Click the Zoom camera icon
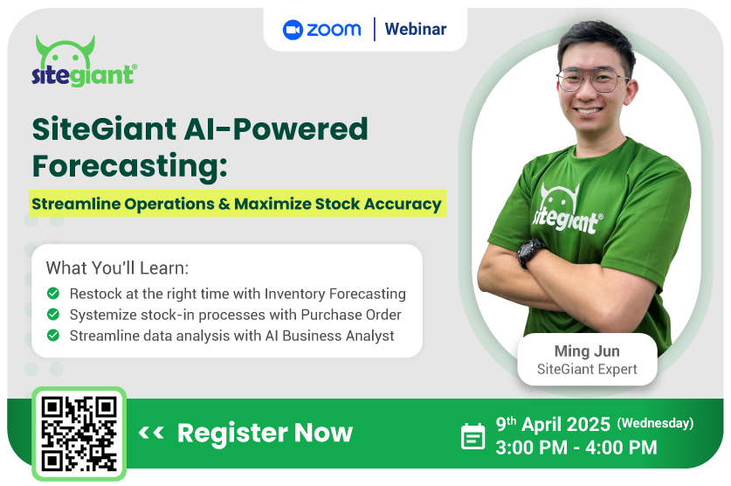pos(293,30)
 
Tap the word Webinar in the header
pos(416,30)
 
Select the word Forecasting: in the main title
pos(129,166)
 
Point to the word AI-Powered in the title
pos(276,128)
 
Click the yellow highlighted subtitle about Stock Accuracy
pos(238,204)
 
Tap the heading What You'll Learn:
pos(117,268)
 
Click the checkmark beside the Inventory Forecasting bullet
pos(53,294)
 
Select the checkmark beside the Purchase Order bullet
pos(53,315)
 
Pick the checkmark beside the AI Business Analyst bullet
pos(53,336)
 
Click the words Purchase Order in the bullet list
pos(351,315)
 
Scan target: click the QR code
pos(79,434)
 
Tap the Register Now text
pos(265,433)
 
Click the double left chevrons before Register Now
pos(151,433)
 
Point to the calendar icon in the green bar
pos(472,436)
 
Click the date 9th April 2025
pos(553,424)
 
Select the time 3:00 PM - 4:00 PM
pos(576,448)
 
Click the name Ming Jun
pos(587,351)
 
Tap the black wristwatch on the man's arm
pos(530,253)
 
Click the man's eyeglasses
pos(593,80)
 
